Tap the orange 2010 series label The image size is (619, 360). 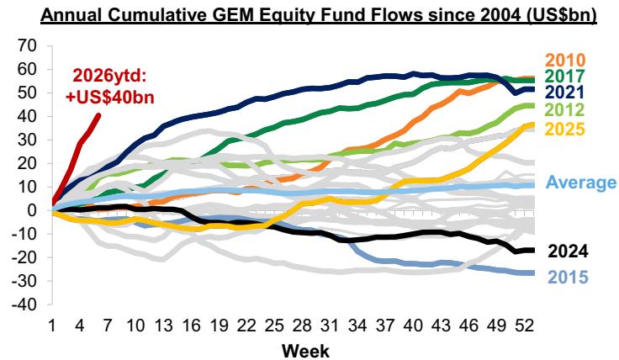565,60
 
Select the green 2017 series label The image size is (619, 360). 565,76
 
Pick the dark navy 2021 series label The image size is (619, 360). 565,92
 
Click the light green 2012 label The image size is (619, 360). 565,110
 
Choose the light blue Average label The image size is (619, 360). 581,183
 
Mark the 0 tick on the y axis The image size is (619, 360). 33,210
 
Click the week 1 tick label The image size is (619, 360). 53,325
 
